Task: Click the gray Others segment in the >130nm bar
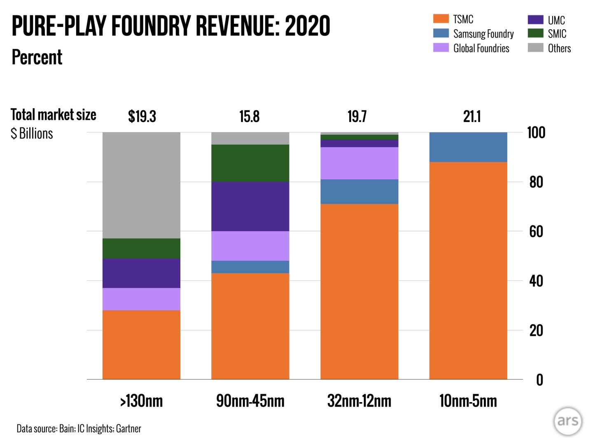click(x=141, y=185)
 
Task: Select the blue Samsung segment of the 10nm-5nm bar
click(x=468, y=147)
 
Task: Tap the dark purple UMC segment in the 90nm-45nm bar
click(x=250, y=206)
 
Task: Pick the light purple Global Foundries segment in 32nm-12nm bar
click(x=359, y=163)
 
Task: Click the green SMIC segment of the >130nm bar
click(x=141, y=248)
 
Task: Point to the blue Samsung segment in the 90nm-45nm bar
click(x=250, y=267)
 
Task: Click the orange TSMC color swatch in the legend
click(x=441, y=19)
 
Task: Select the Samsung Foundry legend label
click(x=483, y=34)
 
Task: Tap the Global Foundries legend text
click(x=481, y=48)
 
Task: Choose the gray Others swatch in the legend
click(x=535, y=48)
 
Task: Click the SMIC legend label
click(x=557, y=34)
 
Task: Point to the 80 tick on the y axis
click(x=536, y=182)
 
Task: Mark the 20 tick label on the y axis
click(x=536, y=330)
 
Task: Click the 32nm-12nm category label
click(x=359, y=401)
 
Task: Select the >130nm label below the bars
click(x=141, y=401)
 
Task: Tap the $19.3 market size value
click(x=142, y=117)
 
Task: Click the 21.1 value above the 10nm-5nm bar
click(x=472, y=117)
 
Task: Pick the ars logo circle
click(x=568, y=421)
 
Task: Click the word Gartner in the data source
click(x=128, y=429)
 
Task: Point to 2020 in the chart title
click(x=307, y=26)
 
